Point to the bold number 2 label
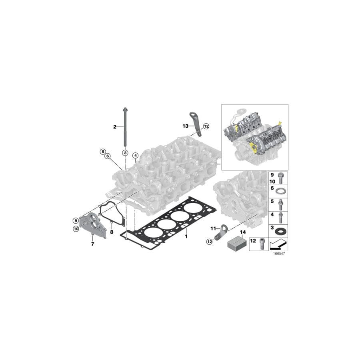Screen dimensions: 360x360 [x=114, y=127]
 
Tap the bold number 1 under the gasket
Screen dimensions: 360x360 [x=186, y=236]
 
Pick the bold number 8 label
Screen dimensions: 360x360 [x=112, y=232]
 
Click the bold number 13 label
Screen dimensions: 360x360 [x=185, y=126]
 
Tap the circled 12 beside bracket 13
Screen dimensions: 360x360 [x=206, y=126]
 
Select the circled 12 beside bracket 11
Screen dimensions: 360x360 [x=209, y=241]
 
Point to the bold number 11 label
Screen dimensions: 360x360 [x=213, y=228]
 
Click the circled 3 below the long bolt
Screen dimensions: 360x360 [x=125, y=153]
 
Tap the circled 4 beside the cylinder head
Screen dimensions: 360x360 [x=135, y=156]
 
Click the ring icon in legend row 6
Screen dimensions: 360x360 [x=282, y=190]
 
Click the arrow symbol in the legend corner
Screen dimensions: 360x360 [x=279, y=243]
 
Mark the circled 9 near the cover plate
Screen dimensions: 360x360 [x=75, y=220]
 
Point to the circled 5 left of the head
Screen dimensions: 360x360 [x=103, y=152]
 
